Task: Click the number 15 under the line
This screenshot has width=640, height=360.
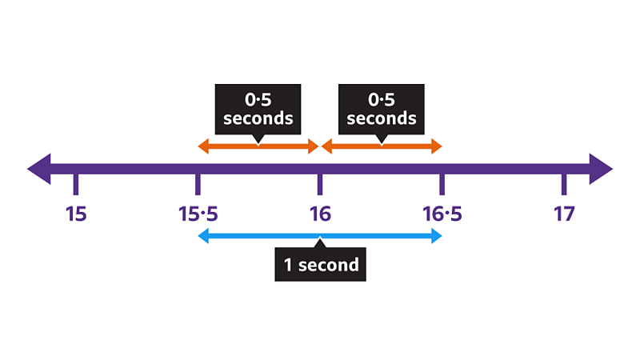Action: point(76,214)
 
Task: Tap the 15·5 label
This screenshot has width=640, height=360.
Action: point(198,214)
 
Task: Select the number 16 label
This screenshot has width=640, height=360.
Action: point(320,214)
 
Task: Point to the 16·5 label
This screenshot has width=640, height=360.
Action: point(442,214)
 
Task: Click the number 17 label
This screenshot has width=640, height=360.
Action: point(564,214)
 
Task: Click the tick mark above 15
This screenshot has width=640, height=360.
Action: point(76,185)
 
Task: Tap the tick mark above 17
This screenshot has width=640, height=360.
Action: point(564,185)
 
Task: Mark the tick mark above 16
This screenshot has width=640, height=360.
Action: point(320,185)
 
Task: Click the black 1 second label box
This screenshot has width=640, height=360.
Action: point(320,264)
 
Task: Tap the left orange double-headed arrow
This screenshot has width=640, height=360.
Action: point(258,146)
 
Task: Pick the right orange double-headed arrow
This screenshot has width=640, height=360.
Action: point(382,146)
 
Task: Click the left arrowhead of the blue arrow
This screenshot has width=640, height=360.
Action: point(203,235)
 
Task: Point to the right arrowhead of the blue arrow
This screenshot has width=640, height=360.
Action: point(436,235)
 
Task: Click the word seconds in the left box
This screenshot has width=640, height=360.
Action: point(258,118)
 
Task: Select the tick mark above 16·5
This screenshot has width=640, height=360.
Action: point(442,185)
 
